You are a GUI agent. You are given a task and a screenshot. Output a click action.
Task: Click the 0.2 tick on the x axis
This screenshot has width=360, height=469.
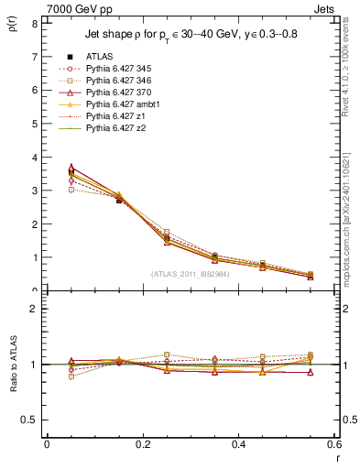point(142,445)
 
